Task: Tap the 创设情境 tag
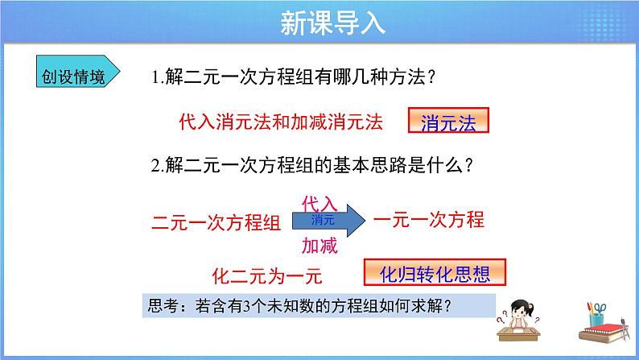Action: pos(73,77)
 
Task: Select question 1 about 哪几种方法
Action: pos(294,78)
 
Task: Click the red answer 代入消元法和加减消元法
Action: pos(279,122)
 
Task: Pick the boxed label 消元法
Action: pos(448,122)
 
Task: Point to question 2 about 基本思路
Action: pos(311,166)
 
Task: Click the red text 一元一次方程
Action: pos(429,219)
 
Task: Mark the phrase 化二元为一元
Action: pos(266,276)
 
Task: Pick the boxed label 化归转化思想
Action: pos(435,274)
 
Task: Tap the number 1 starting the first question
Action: pos(155,79)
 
